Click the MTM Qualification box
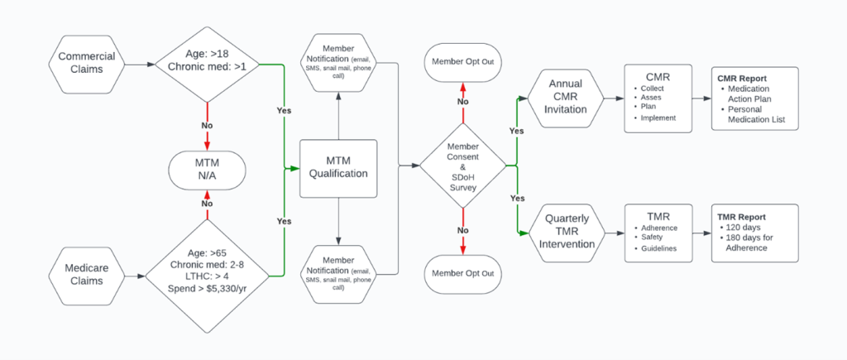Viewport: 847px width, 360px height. click(337, 168)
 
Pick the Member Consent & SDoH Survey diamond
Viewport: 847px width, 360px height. click(462, 168)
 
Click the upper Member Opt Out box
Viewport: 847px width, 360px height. click(462, 63)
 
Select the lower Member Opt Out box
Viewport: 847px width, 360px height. click(462, 274)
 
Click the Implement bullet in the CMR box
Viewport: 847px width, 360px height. click(658, 118)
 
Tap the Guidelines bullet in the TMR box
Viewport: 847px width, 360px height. click(659, 248)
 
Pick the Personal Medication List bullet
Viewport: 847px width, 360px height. click(759, 117)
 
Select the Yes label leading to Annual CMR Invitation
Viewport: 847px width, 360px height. click(516, 131)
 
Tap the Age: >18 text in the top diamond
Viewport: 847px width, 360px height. click(207, 54)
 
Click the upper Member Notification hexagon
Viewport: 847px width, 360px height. click(337, 63)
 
